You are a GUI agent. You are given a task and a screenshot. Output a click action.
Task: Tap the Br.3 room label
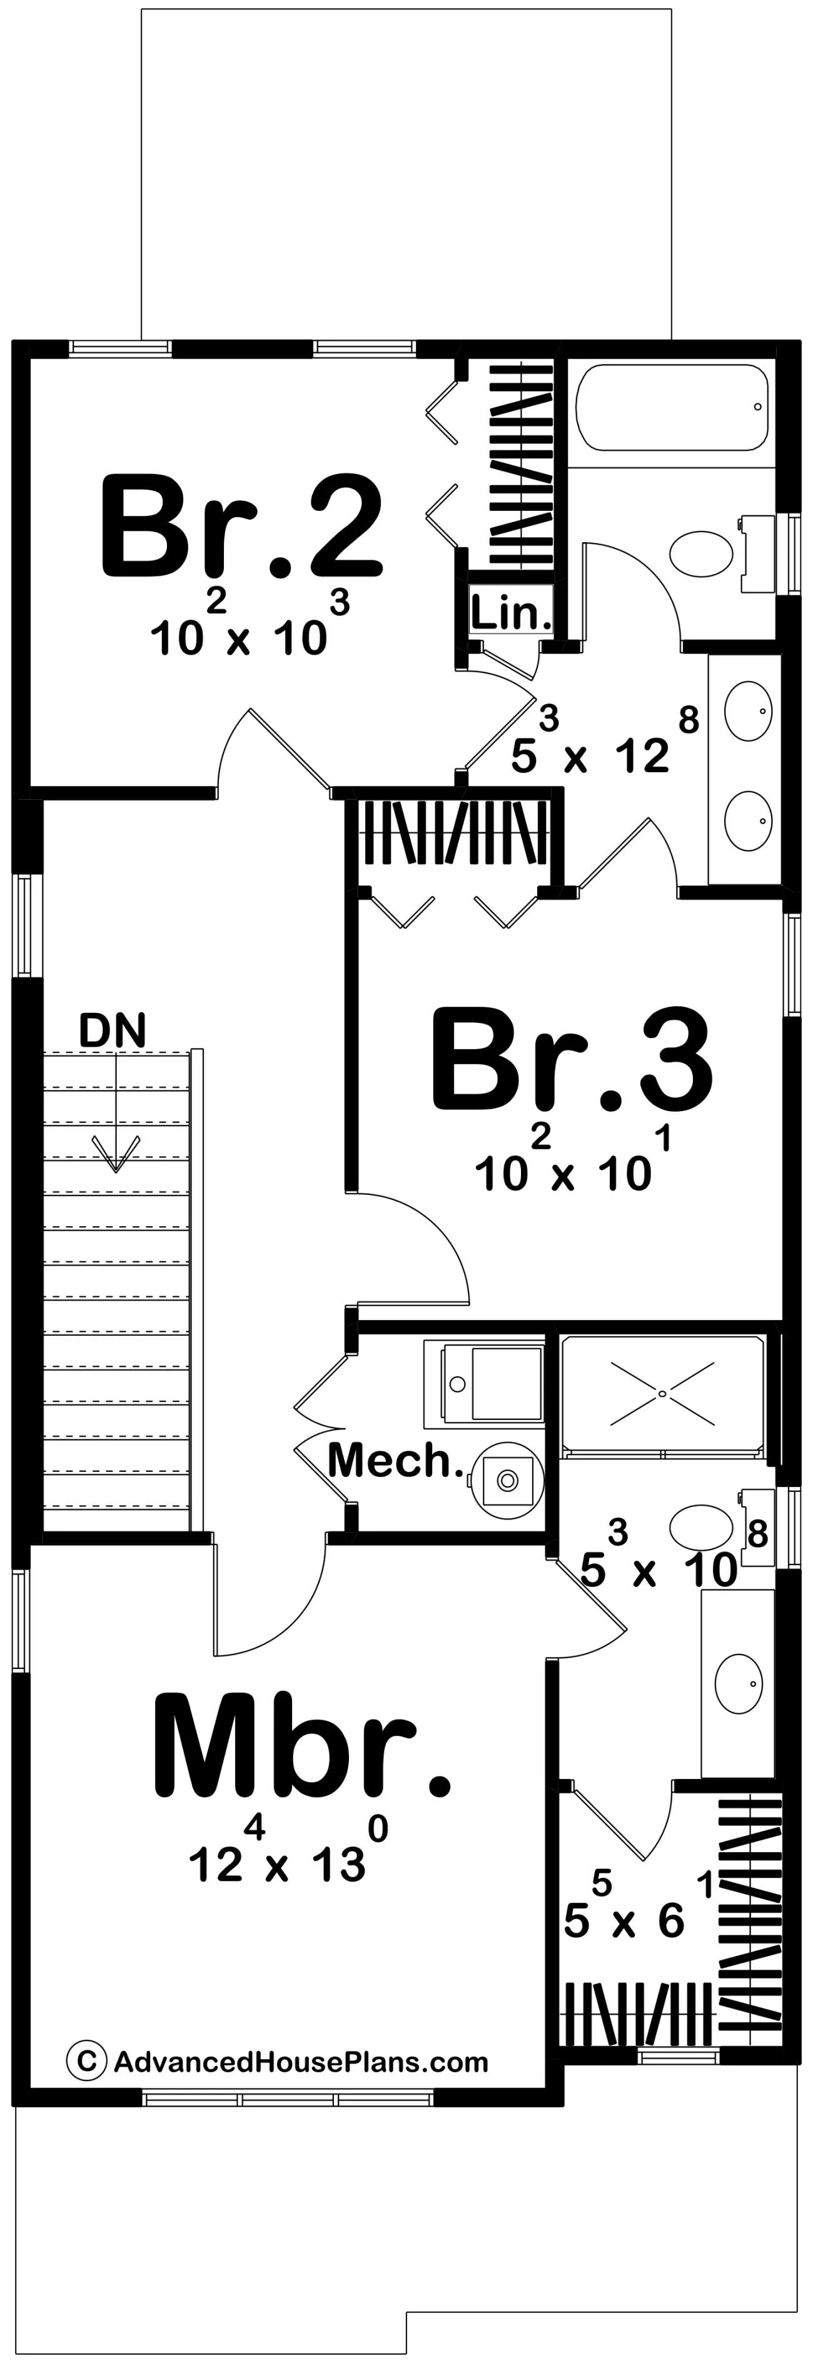571,1057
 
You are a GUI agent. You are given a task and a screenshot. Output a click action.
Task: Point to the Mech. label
395,1459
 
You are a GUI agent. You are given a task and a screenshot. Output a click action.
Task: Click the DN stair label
112,1030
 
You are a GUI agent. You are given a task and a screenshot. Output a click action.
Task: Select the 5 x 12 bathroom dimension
605,742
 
